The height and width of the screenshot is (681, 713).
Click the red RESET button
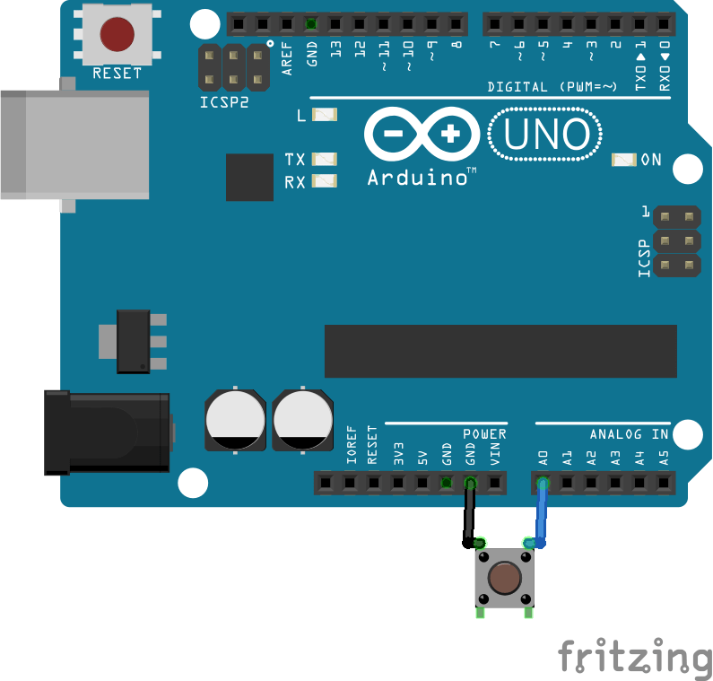pyautogui.click(x=117, y=34)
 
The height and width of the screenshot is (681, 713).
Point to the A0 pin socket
pyautogui.click(x=543, y=484)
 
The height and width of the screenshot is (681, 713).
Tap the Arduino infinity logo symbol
pyautogui.click(x=422, y=135)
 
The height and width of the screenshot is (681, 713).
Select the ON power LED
pyautogui.click(x=623, y=160)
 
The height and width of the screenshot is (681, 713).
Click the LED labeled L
pyautogui.click(x=325, y=115)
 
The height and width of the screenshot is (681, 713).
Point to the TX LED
pyautogui.click(x=325, y=159)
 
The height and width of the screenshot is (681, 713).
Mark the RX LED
pyautogui.click(x=325, y=181)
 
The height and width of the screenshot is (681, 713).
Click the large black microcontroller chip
pyautogui.click(x=500, y=351)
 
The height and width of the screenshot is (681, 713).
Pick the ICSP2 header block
pyautogui.click(x=234, y=67)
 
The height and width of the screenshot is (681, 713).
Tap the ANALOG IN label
pyautogui.click(x=629, y=434)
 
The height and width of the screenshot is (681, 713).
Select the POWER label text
pyautogui.click(x=484, y=434)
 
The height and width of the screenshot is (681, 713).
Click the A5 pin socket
pyautogui.click(x=664, y=484)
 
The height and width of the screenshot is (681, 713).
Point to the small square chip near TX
pyautogui.click(x=249, y=177)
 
